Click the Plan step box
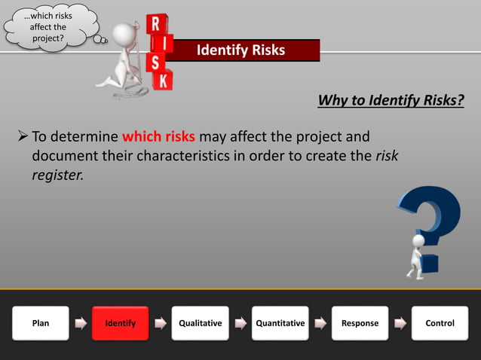(x=41, y=323)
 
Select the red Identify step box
(x=121, y=323)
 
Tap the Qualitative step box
(x=201, y=323)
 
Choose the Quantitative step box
(x=280, y=323)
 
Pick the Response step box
(x=360, y=323)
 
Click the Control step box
(x=440, y=323)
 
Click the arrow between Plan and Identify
(x=81, y=324)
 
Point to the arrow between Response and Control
(x=400, y=324)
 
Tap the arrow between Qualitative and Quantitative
(x=240, y=324)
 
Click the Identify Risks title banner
(x=241, y=50)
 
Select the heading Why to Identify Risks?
(x=391, y=100)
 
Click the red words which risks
(x=158, y=138)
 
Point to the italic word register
(x=57, y=175)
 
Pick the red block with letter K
(x=162, y=79)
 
